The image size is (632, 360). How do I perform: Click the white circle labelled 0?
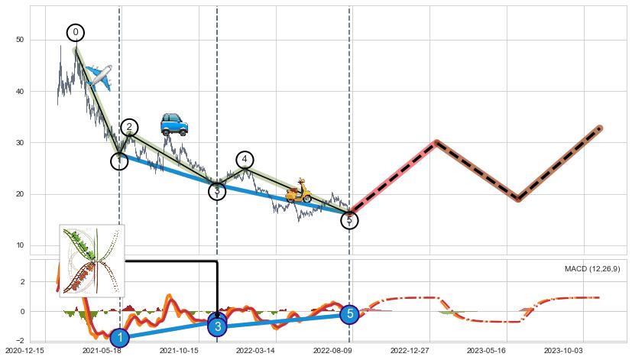pyautogui.click(x=75, y=32)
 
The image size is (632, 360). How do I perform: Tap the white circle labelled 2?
pyautogui.click(x=129, y=127)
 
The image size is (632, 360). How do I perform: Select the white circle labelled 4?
pyautogui.click(x=245, y=160)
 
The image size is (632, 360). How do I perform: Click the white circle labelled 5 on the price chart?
pyautogui.click(x=349, y=220)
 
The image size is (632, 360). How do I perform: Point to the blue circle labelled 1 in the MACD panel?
pyautogui.click(x=119, y=337)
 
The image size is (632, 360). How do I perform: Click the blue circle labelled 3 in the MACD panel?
pyautogui.click(x=218, y=326)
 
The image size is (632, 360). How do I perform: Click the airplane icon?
pyautogui.click(x=99, y=76)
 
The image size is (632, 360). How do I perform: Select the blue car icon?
pyautogui.click(x=174, y=124)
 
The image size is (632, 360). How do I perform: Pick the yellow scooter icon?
pyautogui.click(x=298, y=191)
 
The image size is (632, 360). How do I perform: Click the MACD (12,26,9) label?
pyautogui.click(x=592, y=269)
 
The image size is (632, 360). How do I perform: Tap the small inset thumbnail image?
pyautogui.click(x=92, y=260)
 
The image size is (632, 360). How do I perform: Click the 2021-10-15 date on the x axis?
pyautogui.click(x=179, y=351)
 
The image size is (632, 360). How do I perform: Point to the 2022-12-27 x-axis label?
pyautogui.click(x=411, y=351)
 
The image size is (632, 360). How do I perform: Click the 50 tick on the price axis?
pyautogui.click(x=20, y=40)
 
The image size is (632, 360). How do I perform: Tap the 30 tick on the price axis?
pyautogui.click(x=20, y=143)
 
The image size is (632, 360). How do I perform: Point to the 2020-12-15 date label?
pyautogui.click(x=24, y=351)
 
